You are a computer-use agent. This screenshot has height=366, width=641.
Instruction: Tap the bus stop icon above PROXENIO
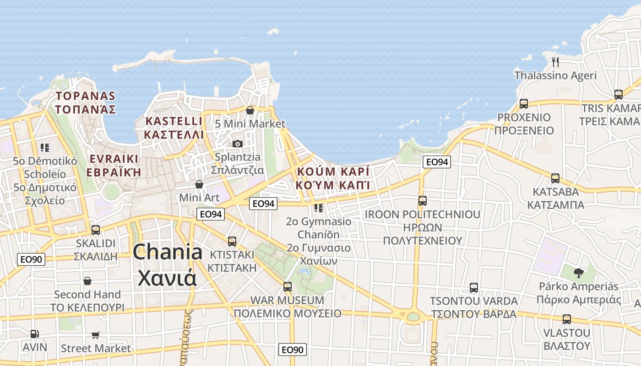point(524,104)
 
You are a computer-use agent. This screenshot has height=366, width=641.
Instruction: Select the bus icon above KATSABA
point(555,178)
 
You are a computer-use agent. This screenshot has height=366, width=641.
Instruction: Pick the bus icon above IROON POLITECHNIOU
point(423,200)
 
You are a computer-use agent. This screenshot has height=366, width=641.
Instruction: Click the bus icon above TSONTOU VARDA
point(474,288)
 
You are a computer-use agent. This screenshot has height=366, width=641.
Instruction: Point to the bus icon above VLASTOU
point(567,319)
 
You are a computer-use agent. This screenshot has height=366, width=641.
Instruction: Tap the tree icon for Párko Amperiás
point(579,273)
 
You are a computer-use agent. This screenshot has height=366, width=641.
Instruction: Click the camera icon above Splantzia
point(237,144)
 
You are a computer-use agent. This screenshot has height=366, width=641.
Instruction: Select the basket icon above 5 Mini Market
point(250,110)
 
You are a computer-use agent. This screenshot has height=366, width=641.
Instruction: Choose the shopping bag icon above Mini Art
point(199,184)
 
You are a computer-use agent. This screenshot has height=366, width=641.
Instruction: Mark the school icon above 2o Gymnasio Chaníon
point(319,208)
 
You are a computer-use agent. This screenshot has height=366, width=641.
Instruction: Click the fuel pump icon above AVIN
point(35,334)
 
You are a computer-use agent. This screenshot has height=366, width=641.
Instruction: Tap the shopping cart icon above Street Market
point(96,335)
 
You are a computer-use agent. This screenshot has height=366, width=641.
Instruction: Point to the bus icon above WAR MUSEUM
point(288,287)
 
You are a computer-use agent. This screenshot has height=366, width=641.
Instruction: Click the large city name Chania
point(168,252)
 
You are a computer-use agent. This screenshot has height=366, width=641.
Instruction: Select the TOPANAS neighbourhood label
point(86,96)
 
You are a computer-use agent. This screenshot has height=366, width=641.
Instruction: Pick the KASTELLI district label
point(174,121)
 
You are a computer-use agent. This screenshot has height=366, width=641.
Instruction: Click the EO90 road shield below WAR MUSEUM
point(292,350)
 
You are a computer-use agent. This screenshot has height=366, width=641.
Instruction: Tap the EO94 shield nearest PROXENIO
point(436,161)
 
